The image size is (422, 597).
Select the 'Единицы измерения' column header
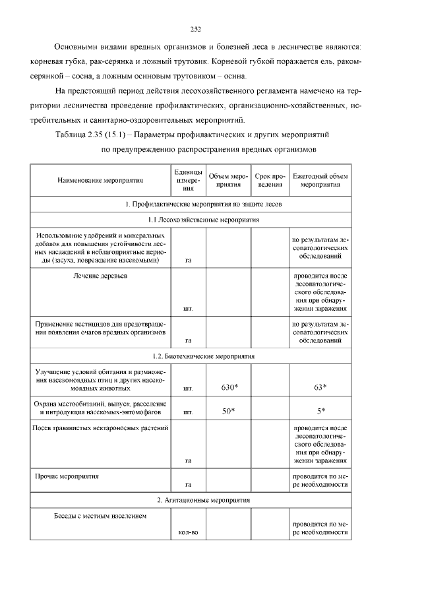[x=188, y=179]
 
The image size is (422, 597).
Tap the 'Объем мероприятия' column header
[x=228, y=179]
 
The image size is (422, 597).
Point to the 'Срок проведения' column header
[x=269, y=179]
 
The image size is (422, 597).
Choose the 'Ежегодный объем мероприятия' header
[x=320, y=179]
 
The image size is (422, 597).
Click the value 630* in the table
[x=229, y=387]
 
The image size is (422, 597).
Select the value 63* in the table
[x=320, y=387]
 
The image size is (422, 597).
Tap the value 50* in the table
[x=229, y=411]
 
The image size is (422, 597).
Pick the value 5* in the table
[x=320, y=411]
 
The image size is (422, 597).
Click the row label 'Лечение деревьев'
[x=100, y=275]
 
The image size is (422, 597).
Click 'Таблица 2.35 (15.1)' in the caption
[x=92, y=135]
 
